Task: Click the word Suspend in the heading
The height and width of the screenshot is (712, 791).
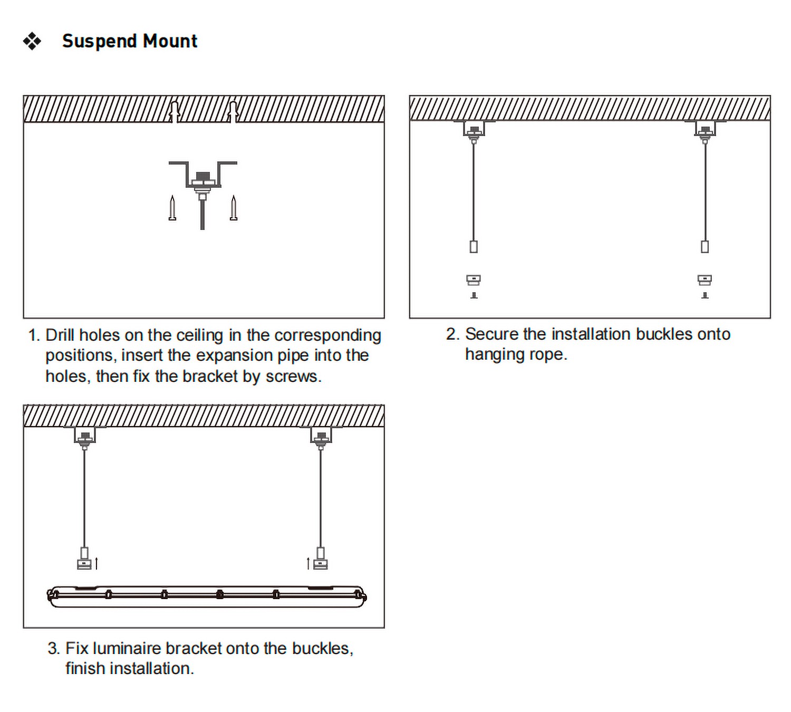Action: [100, 41]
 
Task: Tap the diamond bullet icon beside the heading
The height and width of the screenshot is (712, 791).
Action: [32, 41]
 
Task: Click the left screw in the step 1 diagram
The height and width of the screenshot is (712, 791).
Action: [172, 208]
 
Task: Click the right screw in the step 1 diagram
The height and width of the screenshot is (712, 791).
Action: [234, 208]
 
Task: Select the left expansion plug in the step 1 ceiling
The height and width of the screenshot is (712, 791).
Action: [175, 110]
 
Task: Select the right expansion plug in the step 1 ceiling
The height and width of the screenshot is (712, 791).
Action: [233, 110]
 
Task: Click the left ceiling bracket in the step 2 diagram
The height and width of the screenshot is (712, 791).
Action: [474, 129]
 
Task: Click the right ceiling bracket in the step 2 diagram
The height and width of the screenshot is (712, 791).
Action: [705, 129]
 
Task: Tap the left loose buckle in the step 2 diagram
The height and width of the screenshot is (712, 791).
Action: [474, 280]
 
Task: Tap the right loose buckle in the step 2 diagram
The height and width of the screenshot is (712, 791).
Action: [705, 280]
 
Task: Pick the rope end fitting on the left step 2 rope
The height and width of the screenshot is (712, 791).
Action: [474, 246]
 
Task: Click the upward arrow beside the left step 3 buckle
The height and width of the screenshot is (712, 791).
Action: [97, 563]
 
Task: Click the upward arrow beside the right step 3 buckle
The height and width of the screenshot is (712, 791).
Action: [308, 563]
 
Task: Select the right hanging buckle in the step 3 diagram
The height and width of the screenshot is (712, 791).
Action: [320, 559]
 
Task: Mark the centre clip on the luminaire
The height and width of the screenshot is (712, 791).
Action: [220, 595]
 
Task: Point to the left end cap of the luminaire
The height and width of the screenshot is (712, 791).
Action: [52, 596]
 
